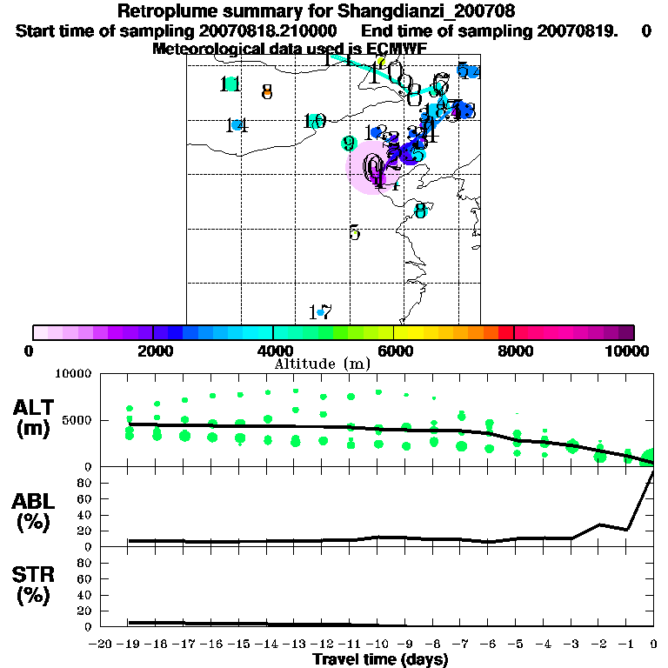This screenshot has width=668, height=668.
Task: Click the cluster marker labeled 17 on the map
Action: [x=320, y=312]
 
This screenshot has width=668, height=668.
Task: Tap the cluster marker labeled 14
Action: [x=236, y=125]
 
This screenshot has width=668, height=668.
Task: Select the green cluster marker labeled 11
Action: [x=230, y=84]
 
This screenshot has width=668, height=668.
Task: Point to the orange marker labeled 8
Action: [x=267, y=91]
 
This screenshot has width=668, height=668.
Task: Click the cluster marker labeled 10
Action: [x=315, y=122]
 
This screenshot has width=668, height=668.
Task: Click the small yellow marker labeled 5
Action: [x=354, y=232]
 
